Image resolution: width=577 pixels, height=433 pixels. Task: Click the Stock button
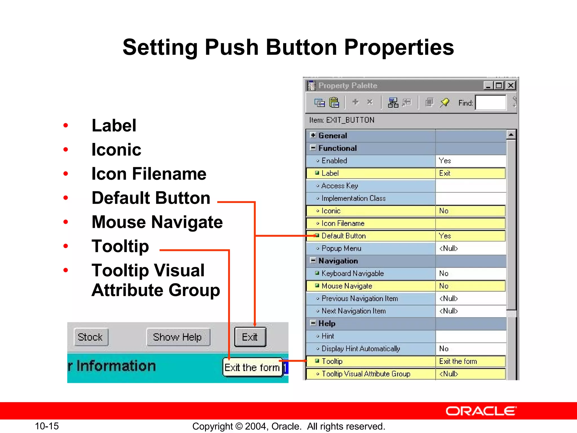(91, 337)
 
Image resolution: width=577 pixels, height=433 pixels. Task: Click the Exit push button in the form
(250, 337)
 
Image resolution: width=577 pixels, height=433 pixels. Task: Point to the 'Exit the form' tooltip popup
(252, 367)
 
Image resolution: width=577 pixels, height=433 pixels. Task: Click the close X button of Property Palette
(511, 85)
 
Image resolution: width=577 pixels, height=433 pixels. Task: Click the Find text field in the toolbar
(491, 103)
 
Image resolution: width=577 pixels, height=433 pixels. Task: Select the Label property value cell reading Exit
(470, 173)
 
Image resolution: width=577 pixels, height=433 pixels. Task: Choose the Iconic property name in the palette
(331, 211)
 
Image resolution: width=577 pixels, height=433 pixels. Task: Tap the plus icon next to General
(313, 135)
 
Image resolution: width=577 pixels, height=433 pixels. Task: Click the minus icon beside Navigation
(313, 260)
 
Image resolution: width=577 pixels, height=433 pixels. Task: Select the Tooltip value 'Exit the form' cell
(470, 361)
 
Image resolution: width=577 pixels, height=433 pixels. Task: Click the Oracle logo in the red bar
(481, 411)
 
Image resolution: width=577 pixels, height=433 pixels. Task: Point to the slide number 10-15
(47, 426)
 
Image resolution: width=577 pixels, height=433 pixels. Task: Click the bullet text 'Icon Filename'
(149, 174)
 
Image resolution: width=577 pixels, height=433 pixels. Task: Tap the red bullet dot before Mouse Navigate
(66, 222)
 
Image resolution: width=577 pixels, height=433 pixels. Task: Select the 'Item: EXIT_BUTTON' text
(342, 120)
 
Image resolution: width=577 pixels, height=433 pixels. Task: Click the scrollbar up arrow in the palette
(511, 135)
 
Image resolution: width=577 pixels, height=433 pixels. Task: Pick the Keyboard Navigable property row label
(352, 273)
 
